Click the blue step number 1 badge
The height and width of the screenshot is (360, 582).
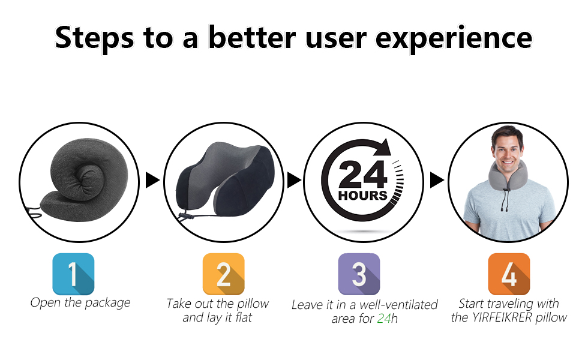point(73,274)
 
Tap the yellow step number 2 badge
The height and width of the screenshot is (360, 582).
point(223,274)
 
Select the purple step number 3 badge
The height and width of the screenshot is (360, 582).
point(359,274)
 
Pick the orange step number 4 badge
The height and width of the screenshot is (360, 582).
point(509,274)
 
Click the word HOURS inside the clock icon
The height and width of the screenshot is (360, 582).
point(362,195)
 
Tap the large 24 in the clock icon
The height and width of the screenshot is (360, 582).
point(362,175)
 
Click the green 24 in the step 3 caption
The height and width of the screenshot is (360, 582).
point(384,319)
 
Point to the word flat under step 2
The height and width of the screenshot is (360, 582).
point(244,317)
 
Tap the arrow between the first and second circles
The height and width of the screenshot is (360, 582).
point(152,180)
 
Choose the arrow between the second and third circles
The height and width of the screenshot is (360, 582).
point(295,180)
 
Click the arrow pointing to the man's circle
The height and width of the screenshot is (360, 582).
point(437,180)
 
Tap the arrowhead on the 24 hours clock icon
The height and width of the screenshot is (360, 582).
point(383,147)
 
